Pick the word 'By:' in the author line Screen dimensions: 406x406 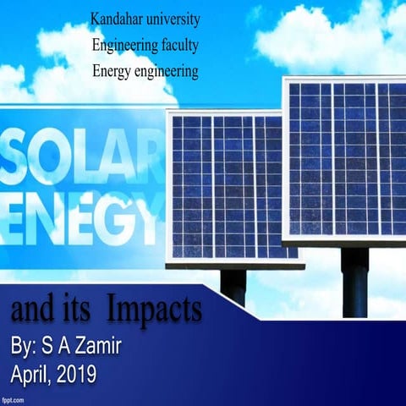click(28, 346)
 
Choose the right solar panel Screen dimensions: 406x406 click(346, 161)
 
